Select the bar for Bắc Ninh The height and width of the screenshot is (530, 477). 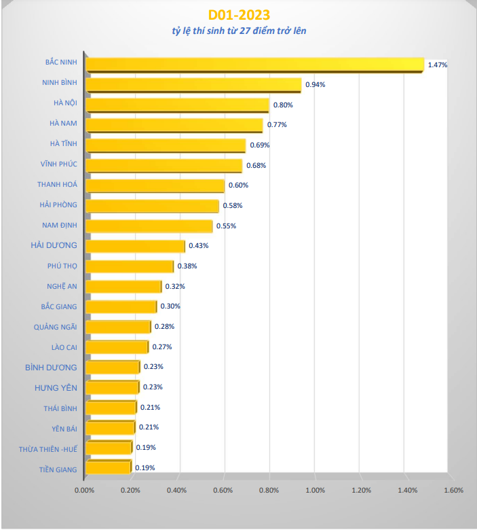(x=254, y=65)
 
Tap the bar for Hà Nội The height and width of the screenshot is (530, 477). (x=178, y=105)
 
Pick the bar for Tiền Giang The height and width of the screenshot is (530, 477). (x=109, y=467)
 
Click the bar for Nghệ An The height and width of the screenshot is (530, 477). (x=124, y=286)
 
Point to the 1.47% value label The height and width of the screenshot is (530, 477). (x=438, y=65)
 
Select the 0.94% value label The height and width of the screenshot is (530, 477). (x=316, y=85)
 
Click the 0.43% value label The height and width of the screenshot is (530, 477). (x=199, y=245)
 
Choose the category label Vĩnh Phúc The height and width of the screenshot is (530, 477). (x=58, y=164)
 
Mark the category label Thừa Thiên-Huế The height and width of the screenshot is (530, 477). (x=48, y=448)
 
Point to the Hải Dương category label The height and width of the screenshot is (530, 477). (x=54, y=245)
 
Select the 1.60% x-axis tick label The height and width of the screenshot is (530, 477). (x=453, y=490)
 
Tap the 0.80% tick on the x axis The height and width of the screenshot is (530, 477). (x=269, y=490)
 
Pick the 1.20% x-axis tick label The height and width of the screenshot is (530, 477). (x=361, y=490)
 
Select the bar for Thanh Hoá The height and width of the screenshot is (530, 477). (x=156, y=185)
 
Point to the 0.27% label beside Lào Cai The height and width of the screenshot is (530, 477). (x=162, y=347)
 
